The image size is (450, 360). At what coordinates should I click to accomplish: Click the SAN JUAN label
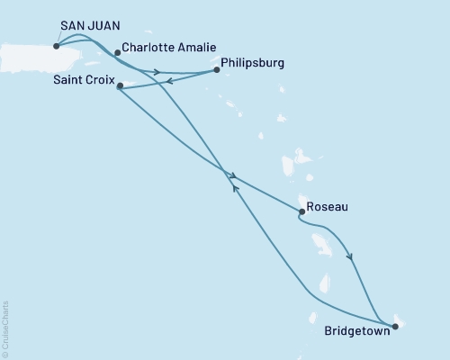tap(87, 29)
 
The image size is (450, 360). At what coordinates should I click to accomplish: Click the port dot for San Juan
tap(57, 46)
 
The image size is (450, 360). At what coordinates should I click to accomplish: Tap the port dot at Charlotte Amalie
tap(117, 53)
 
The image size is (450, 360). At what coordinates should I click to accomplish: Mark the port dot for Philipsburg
tap(217, 69)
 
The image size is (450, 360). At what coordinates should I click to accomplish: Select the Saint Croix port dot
tap(120, 86)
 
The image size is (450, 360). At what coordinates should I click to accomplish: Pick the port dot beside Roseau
tap(301, 211)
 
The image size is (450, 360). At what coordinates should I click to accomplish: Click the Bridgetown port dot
tap(392, 325)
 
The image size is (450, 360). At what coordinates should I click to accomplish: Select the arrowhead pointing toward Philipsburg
tap(157, 72)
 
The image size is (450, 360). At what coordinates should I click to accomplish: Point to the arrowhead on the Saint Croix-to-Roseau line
tap(233, 175)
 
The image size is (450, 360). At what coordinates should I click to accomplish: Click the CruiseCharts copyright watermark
tap(6, 328)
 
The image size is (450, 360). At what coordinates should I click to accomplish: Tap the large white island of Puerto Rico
tap(22, 49)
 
